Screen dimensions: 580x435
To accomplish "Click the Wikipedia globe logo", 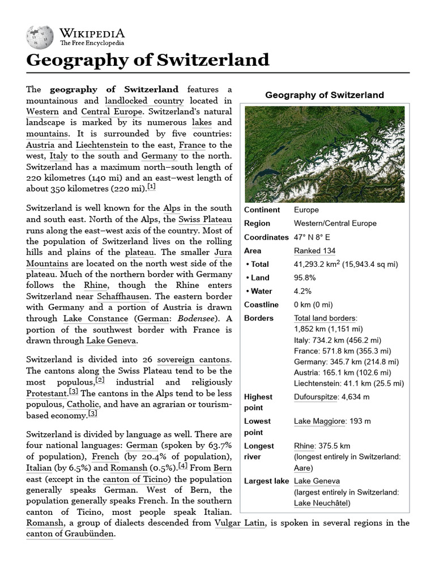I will pyautogui.click(x=39, y=36).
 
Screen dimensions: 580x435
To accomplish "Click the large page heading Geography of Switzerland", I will pyautogui.click(x=148, y=60).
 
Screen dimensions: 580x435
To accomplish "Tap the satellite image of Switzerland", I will pyautogui.click(x=325, y=154).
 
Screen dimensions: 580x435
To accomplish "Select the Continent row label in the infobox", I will pyautogui.click(x=262, y=210).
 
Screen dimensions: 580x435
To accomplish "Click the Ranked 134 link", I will pyautogui.click(x=314, y=251).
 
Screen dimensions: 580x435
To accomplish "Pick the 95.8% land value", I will pyautogui.click(x=304, y=278).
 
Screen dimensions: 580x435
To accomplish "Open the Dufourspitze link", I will pyautogui.click(x=315, y=397).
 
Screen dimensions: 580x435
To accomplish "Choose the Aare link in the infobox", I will pyautogui.click(x=302, y=468).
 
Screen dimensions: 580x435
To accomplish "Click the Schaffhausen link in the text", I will pyautogui.click(x=123, y=297).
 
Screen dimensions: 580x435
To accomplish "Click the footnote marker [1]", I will pyautogui.click(x=151, y=187).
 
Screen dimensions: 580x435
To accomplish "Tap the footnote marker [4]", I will pyautogui.click(x=183, y=466).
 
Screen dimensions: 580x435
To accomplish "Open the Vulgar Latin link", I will pyautogui.click(x=240, y=523).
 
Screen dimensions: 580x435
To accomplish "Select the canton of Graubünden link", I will pyautogui.click(x=70, y=534).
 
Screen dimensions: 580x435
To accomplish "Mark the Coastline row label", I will pyautogui.click(x=261, y=305).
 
